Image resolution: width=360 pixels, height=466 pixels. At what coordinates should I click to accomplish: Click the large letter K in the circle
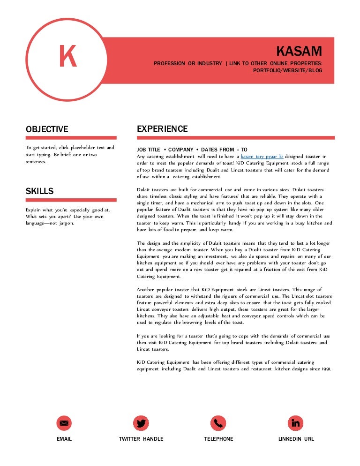point(67,57)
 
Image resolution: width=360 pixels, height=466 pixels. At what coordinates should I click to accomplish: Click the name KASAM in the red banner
point(299,51)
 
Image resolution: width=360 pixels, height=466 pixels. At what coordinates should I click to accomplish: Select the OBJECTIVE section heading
point(46,129)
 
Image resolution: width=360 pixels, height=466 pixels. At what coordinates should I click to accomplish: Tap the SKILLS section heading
point(39,191)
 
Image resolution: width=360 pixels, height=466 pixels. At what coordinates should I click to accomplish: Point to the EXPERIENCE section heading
point(162,129)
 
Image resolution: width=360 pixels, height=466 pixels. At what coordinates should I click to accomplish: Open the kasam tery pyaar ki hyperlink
point(262,156)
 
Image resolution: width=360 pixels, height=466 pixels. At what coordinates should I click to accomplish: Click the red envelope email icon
point(64,423)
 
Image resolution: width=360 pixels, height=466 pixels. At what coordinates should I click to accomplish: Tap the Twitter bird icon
point(141,423)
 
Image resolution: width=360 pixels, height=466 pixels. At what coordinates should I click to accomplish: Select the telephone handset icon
point(218,423)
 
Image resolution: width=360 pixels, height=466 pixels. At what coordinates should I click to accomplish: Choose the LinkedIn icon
point(295,423)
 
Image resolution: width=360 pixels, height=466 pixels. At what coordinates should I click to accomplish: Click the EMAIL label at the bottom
point(64,439)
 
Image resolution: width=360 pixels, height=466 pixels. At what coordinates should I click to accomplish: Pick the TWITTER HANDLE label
point(141,439)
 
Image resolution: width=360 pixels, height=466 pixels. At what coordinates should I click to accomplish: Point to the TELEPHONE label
point(218,439)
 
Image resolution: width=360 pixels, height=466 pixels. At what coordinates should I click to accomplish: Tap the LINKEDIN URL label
point(296,439)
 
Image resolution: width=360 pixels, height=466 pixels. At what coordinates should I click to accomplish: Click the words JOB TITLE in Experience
point(148,150)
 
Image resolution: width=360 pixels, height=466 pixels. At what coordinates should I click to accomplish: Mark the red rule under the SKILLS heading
point(71,200)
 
